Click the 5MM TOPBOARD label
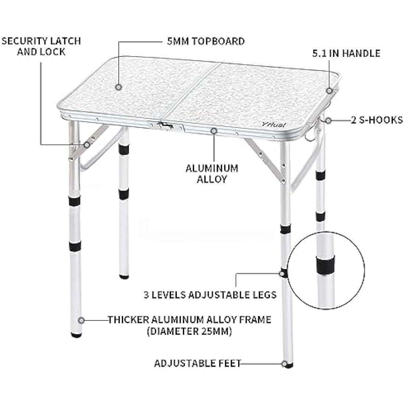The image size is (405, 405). (x=204, y=41)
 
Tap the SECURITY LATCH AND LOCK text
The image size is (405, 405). (x=41, y=46)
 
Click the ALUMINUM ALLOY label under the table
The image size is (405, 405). (x=212, y=174)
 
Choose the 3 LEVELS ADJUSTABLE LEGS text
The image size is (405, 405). (x=210, y=295)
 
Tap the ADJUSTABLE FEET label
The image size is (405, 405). (x=197, y=363)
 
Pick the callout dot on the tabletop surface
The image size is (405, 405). (x=119, y=87)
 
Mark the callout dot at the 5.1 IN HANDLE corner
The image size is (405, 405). (x=330, y=90)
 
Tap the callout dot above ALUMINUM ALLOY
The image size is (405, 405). (x=214, y=131)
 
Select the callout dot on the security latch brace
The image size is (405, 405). (x=87, y=145)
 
